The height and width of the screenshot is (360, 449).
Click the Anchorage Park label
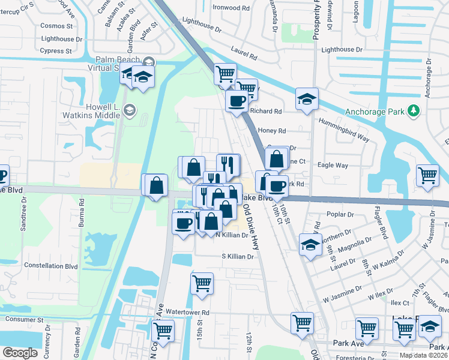[375, 111]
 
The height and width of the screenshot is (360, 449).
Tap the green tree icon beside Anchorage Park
[413, 111]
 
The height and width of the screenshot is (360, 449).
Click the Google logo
[20, 353]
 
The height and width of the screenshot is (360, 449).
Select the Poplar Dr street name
[339, 214]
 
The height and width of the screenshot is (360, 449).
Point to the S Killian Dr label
[239, 256]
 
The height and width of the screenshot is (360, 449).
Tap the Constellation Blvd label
[51, 265]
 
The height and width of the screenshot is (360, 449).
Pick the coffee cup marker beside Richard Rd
[236, 100]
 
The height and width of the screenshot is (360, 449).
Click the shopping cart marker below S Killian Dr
[202, 283]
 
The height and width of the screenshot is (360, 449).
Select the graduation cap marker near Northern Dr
[310, 245]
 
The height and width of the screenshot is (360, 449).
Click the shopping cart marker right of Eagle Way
[428, 175]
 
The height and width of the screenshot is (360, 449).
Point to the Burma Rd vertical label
[82, 219]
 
